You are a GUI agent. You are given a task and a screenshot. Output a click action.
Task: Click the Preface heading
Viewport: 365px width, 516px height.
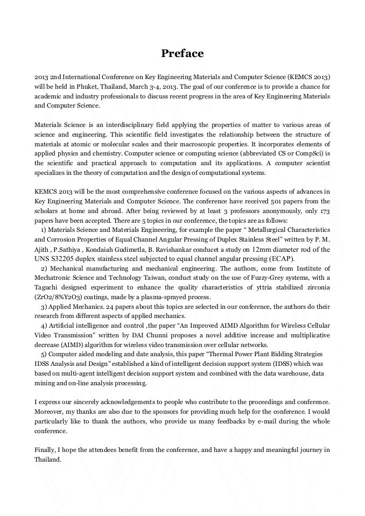click(x=182, y=53)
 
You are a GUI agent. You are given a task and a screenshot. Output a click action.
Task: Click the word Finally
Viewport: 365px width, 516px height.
click(x=45, y=450)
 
